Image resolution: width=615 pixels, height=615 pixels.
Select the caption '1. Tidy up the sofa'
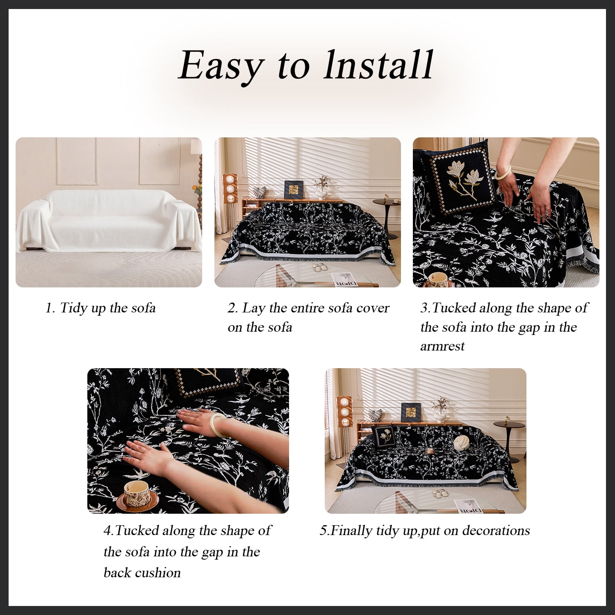[x=100, y=308]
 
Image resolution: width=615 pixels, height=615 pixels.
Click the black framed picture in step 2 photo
[x=294, y=189]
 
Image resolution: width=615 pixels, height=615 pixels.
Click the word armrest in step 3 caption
[x=442, y=346]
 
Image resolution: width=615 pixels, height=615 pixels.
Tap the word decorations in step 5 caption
[x=496, y=531]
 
